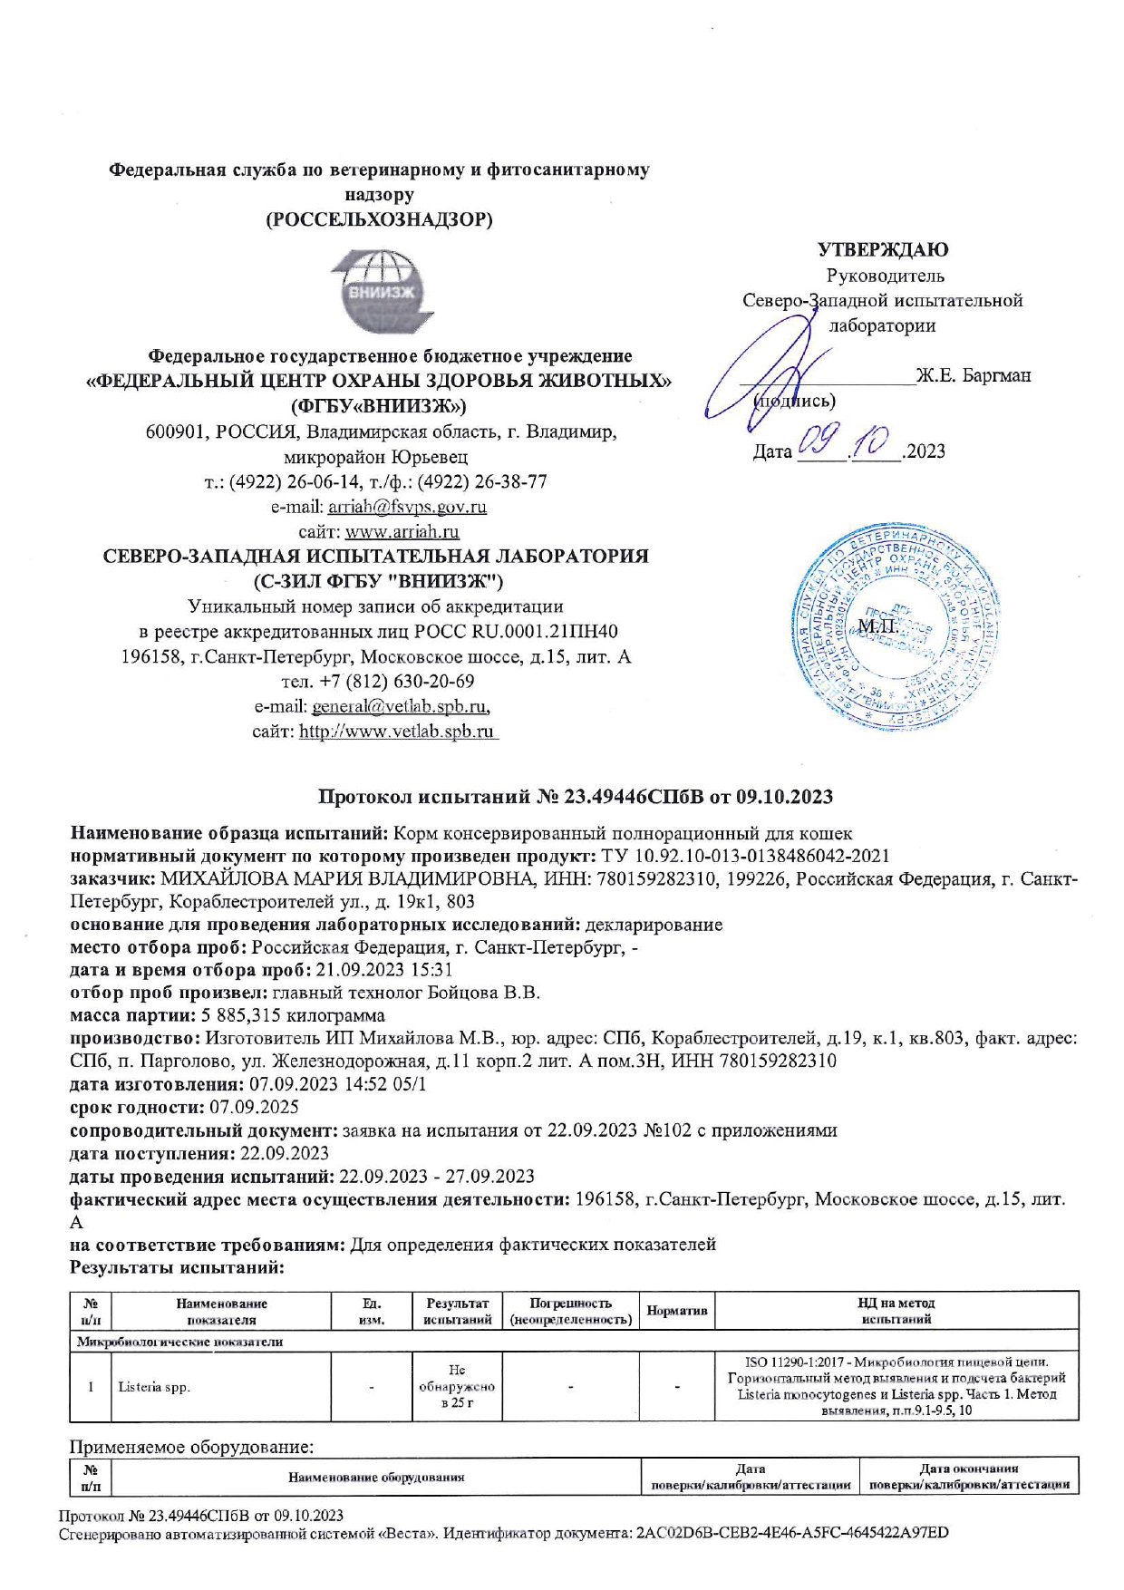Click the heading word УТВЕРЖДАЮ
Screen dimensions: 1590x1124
tap(883, 249)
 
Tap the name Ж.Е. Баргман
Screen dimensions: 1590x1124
tap(973, 374)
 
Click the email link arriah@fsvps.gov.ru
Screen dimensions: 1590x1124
tap(407, 507)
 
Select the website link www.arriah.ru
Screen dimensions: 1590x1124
tap(402, 531)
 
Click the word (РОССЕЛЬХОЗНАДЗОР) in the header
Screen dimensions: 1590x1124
tap(379, 219)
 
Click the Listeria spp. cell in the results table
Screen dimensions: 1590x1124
tap(154, 1387)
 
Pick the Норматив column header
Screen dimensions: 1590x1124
tap(676, 1312)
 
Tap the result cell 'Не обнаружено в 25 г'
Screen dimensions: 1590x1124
tap(457, 1387)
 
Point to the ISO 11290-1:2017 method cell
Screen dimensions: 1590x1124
tap(896, 1386)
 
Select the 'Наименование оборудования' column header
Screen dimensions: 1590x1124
tap(376, 1477)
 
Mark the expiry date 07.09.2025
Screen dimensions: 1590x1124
tap(254, 1107)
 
